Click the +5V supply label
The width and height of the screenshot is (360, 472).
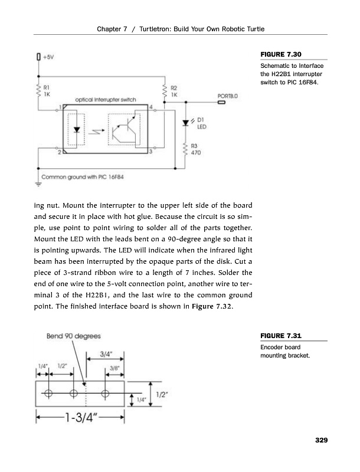click(x=48, y=57)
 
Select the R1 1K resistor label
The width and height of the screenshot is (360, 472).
click(x=47, y=90)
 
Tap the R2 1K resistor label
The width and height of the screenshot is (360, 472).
click(x=175, y=90)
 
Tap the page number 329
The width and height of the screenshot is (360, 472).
click(x=321, y=440)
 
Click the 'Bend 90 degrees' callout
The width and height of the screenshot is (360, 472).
click(x=73, y=336)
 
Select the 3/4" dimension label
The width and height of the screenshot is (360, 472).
click(x=106, y=355)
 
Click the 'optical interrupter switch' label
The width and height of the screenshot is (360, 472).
click(x=106, y=100)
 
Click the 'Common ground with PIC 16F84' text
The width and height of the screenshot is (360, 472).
click(x=86, y=176)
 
